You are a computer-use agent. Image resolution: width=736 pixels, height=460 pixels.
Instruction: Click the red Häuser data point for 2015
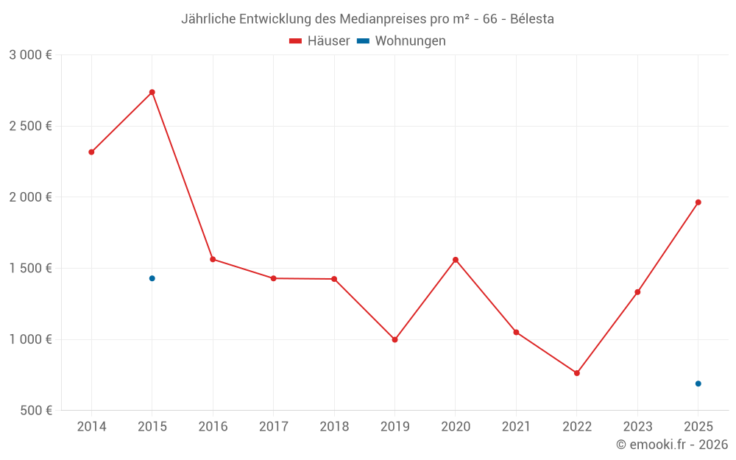click(152, 92)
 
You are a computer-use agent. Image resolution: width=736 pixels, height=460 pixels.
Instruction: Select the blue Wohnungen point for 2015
click(152, 278)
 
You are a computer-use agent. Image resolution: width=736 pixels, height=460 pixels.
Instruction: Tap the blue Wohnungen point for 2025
click(698, 383)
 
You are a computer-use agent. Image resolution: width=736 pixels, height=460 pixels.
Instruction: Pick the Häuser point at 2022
click(577, 373)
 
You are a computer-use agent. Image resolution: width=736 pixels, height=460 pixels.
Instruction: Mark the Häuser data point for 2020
click(456, 260)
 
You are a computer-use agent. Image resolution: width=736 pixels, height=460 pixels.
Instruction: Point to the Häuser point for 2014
click(91, 152)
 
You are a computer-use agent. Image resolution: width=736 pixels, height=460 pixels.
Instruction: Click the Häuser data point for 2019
click(394, 340)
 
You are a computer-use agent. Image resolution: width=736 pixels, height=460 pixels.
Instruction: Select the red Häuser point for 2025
click(698, 202)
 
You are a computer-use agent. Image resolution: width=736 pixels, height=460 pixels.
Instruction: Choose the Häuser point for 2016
click(213, 259)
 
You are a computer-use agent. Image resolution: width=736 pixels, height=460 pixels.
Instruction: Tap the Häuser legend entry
click(320, 41)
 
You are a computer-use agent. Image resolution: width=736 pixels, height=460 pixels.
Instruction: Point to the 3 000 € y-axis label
click(30, 55)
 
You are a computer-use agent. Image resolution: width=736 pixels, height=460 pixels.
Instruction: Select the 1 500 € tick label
click(30, 269)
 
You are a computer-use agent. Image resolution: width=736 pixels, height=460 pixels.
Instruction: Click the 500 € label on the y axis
click(35, 411)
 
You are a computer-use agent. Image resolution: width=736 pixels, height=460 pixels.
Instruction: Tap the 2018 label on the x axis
click(334, 427)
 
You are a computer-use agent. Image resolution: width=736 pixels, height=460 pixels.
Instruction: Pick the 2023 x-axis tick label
click(637, 427)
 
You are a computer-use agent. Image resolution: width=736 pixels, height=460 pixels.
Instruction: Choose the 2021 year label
click(516, 427)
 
